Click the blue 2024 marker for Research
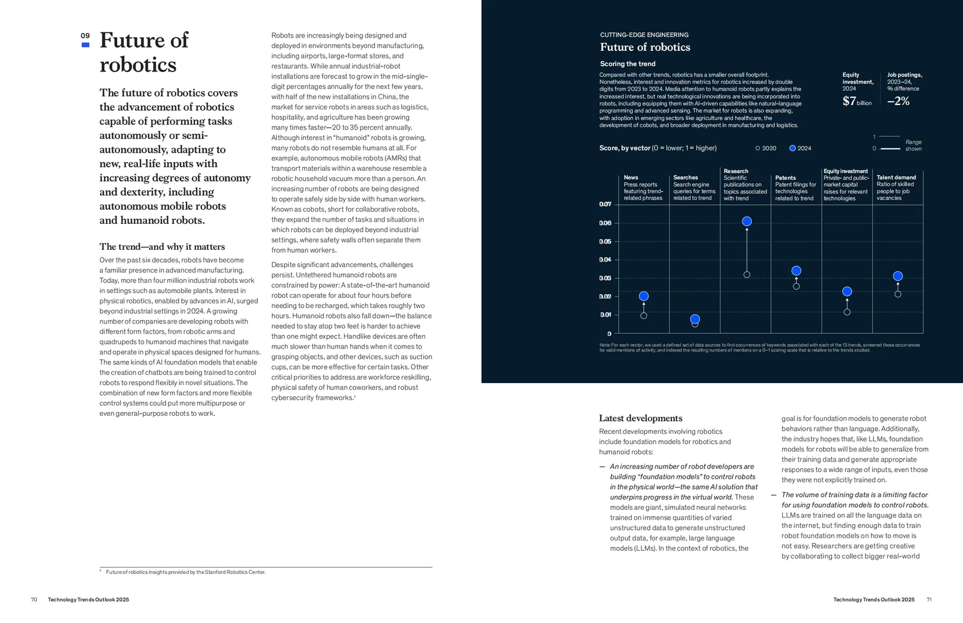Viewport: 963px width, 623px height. (747, 221)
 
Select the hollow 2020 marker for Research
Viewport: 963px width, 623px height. (747, 275)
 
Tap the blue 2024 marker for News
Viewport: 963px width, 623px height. (643, 296)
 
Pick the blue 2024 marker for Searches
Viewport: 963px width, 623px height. (695, 319)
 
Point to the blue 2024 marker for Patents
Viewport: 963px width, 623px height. (796, 271)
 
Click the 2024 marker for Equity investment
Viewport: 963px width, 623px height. (847, 291)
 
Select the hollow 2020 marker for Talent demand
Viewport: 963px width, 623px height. (898, 294)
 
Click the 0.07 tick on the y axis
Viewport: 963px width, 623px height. (605, 204)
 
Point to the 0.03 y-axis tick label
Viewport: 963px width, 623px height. (605, 278)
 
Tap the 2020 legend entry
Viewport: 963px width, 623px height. (766, 148)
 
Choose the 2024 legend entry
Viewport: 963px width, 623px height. (800, 148)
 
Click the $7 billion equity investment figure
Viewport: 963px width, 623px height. (857, 102)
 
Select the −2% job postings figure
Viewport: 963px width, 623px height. (898, 101)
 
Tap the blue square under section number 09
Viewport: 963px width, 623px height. (85, 45)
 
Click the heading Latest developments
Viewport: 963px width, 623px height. (640, 418)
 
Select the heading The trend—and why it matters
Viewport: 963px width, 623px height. (162, 246)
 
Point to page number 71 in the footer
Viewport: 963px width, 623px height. (929, 599)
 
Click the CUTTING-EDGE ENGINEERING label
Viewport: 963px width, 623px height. (644, 35)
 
